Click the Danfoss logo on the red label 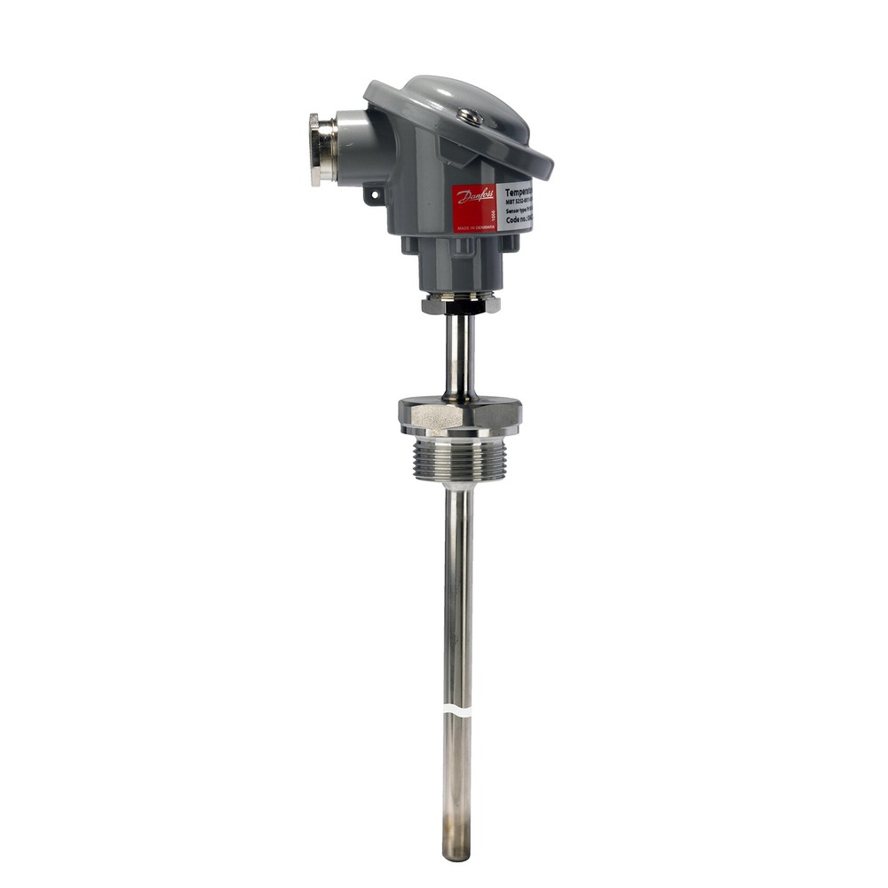474,195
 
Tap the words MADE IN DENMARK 474,227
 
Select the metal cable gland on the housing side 321,149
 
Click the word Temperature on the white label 519,191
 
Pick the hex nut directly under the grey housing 460,304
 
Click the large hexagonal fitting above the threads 459,415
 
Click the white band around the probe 457,713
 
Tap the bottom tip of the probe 457,854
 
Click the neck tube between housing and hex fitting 459,355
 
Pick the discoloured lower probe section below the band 457,781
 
